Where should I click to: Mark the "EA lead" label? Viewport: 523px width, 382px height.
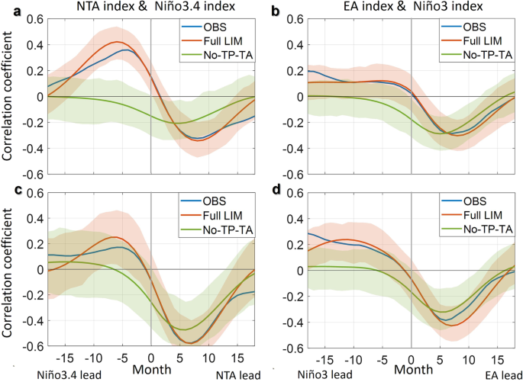coord(500,374)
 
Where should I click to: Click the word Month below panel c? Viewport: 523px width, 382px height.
coord(151,370)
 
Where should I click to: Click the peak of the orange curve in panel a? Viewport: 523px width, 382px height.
coord(117,42)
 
